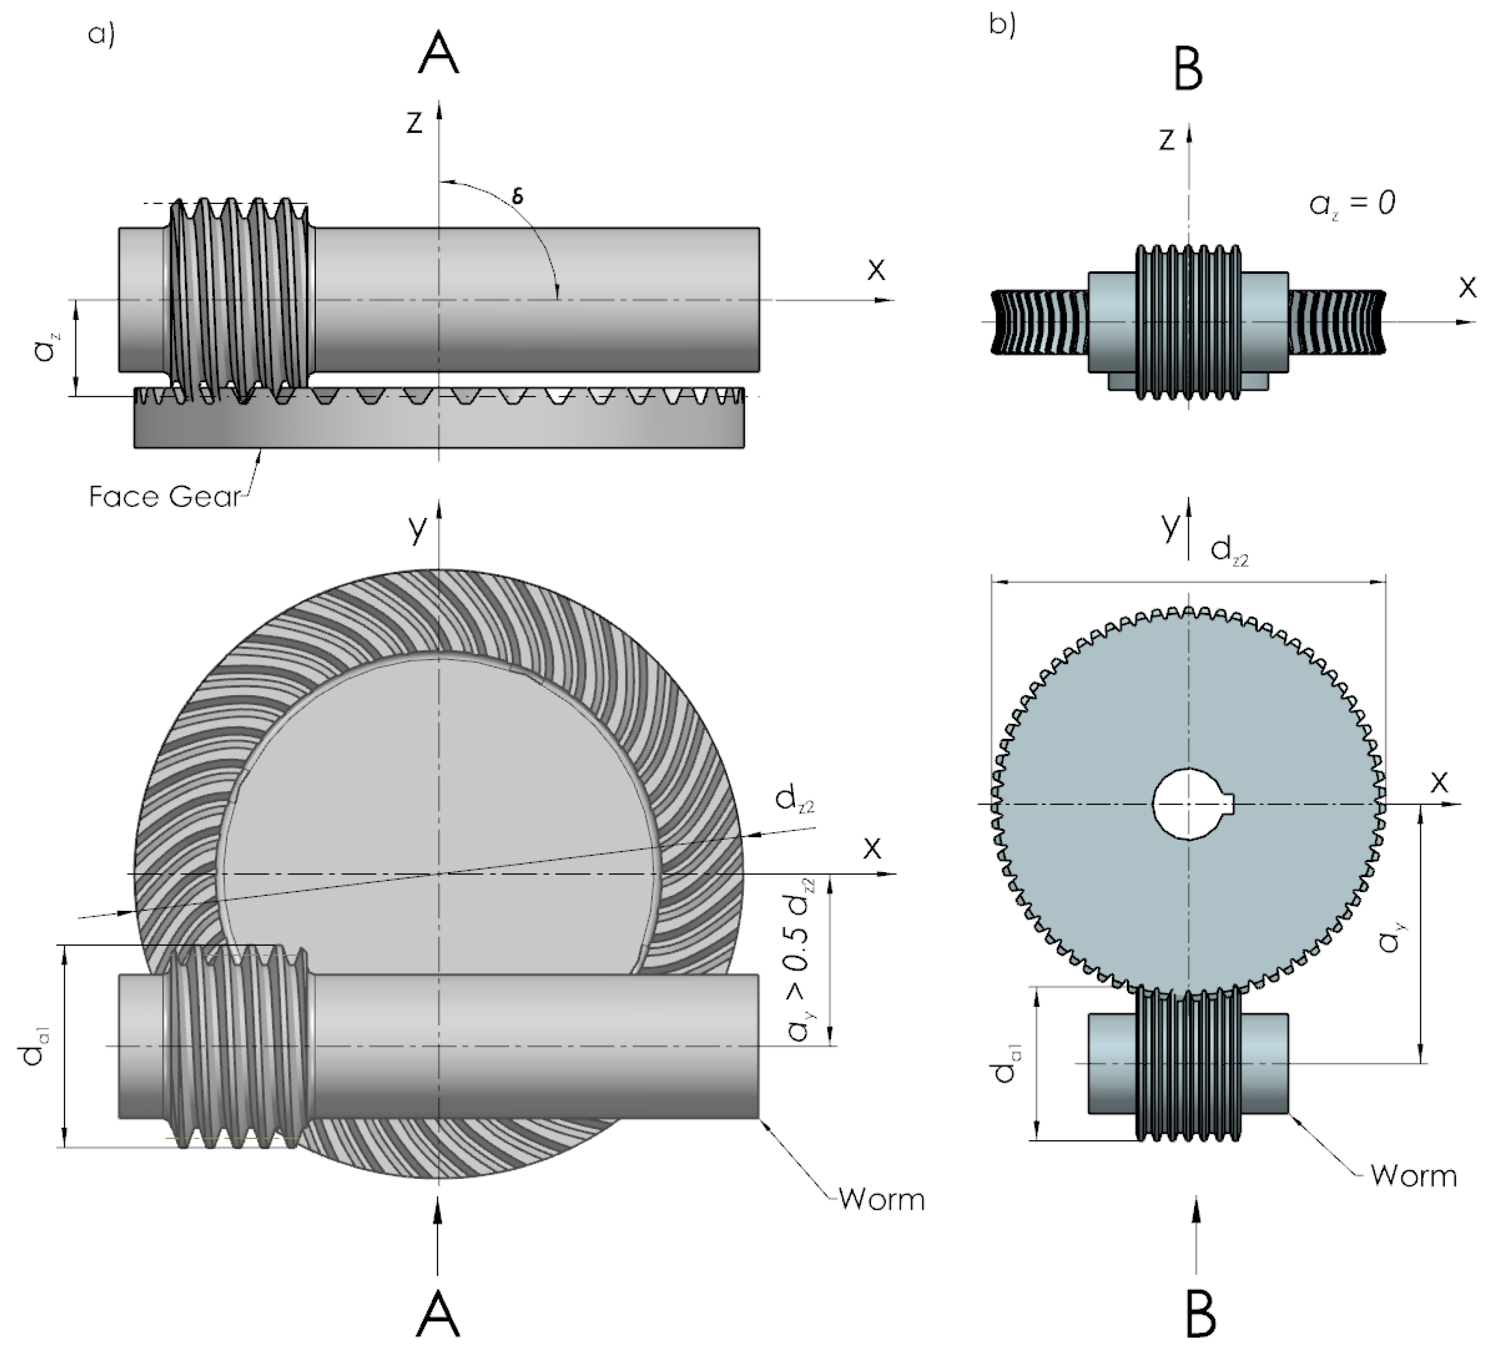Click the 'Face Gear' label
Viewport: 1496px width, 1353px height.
click(165, 496)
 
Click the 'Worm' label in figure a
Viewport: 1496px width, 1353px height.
click(882, 1200)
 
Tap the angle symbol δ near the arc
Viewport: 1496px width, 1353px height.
click(518, 196)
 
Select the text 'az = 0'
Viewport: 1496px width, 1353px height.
click(1352, 203)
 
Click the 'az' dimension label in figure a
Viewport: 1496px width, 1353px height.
click(46, 347)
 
